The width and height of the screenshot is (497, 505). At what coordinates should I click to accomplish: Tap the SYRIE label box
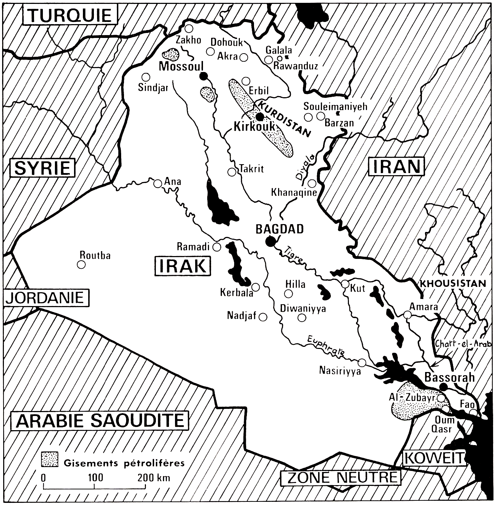coord(43,168)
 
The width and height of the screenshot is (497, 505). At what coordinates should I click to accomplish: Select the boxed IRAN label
coord(396,166)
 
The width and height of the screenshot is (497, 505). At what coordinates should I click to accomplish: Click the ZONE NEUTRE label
coord(342,477)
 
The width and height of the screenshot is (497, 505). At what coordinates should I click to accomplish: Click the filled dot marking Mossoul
coord(203,76)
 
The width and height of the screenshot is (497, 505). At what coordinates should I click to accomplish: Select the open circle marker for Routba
coord(81,265)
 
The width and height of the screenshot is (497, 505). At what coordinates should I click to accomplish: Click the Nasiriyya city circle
coord(362,362)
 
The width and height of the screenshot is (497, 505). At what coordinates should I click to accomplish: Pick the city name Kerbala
coord(237,293)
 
